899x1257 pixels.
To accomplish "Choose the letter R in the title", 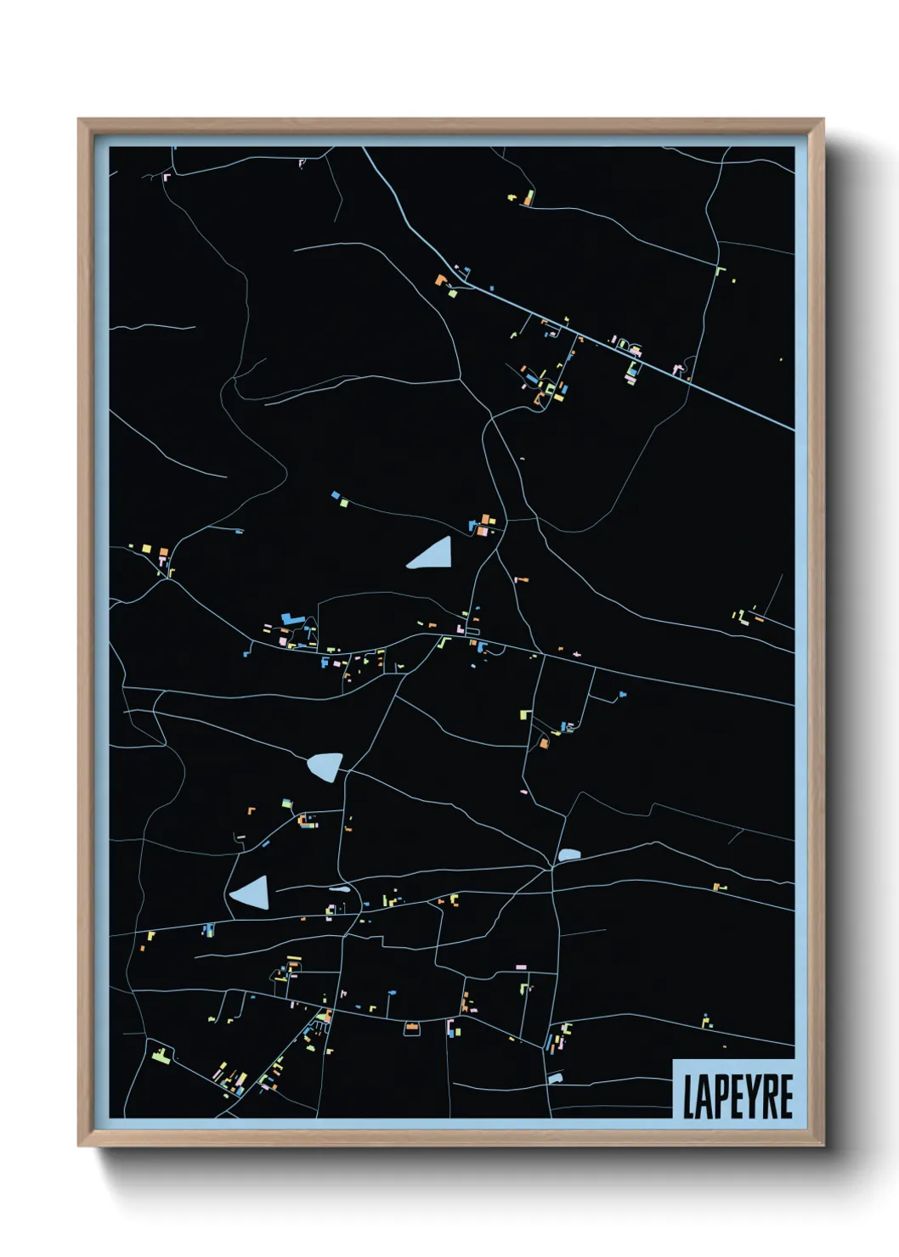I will (x=769, y=1096).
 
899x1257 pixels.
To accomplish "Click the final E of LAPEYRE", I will (x=786, y=1096).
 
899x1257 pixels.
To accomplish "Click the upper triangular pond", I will (x=433, y=555).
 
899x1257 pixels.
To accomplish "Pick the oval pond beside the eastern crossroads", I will (x=568, y=854).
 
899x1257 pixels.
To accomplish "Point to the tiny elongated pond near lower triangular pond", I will (x=339, y=888).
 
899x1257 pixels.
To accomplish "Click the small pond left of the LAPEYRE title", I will (x=556, y=1078).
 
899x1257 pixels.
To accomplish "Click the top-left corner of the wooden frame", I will (x=80, y=121).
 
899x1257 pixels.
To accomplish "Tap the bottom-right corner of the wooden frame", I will (x=822, y=1145).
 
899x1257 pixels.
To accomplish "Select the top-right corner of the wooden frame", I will (x=822, y=121).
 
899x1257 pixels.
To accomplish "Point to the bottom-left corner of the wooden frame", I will (x=80, y=1145).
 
